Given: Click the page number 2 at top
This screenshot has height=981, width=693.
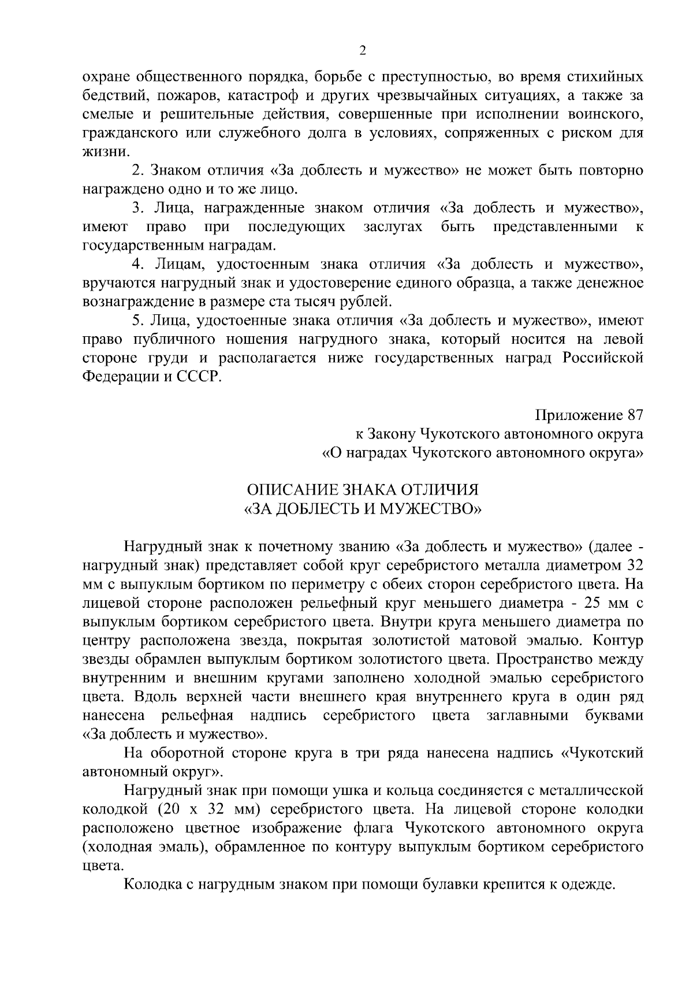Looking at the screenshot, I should pos(362,51).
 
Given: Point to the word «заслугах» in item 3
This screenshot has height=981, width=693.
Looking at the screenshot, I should pos(393,227).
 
